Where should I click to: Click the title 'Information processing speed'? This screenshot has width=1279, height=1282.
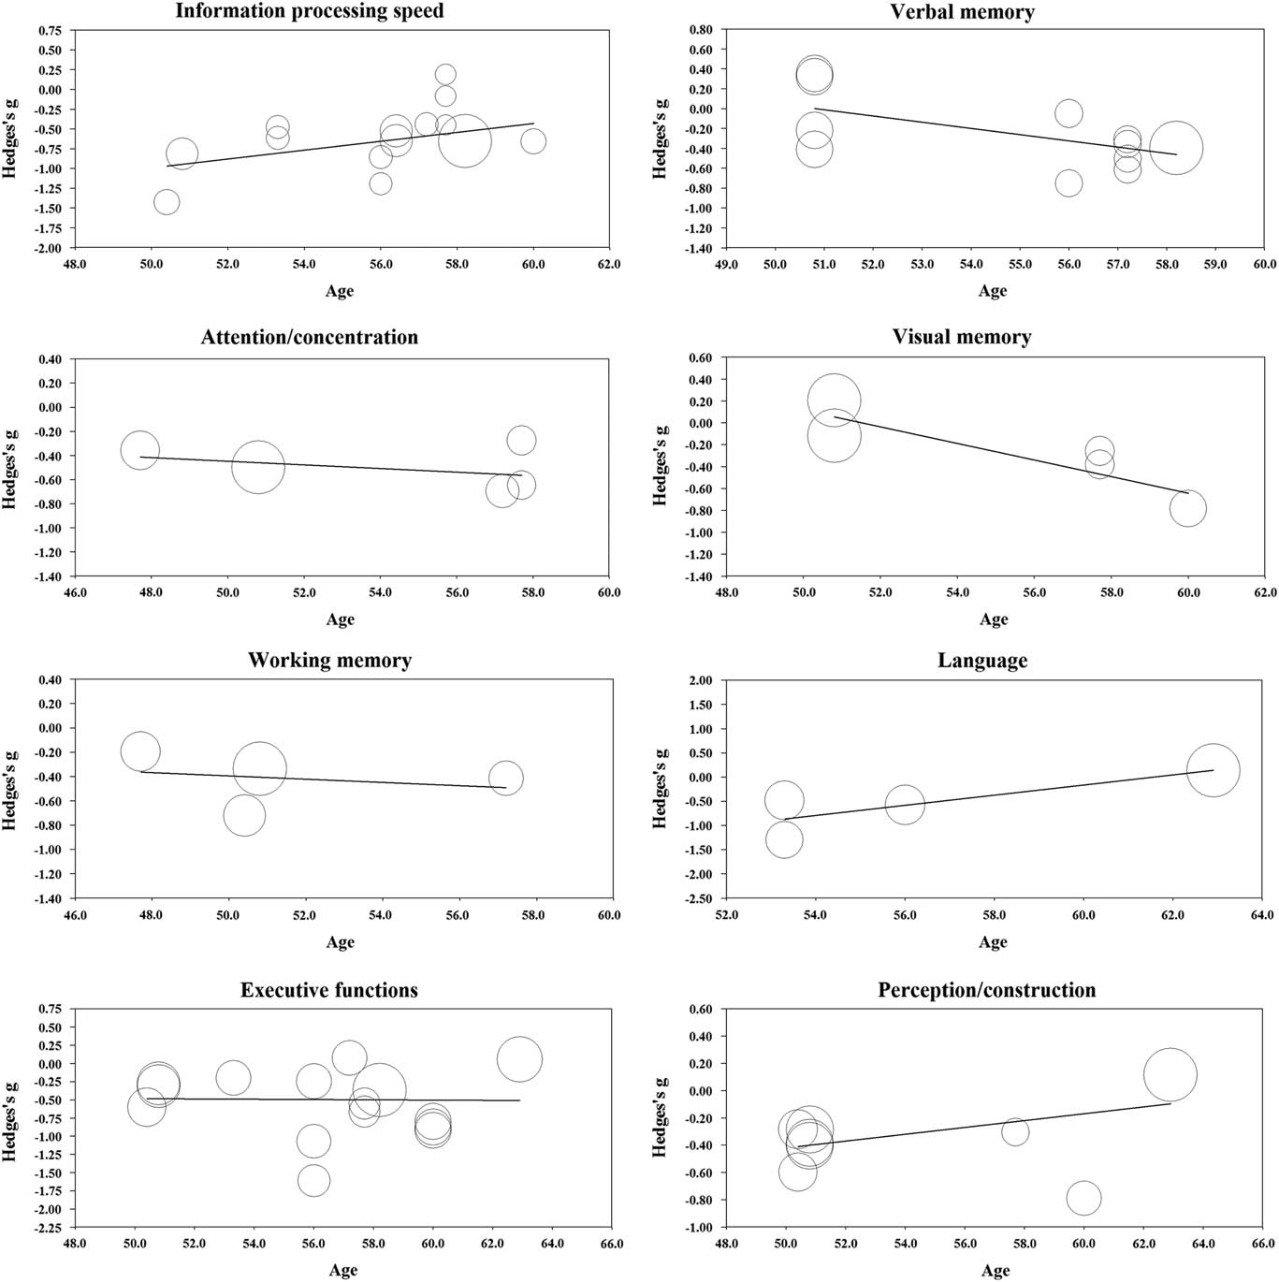pos(309,12)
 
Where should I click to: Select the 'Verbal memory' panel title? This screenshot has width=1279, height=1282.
pos(962,12)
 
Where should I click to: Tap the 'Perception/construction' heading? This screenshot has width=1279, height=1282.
pos(986,990)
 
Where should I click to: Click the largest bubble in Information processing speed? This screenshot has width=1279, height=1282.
pos(464,141)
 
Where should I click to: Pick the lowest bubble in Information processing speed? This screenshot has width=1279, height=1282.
pos(166,202)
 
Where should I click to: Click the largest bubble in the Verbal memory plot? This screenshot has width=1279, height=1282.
pos(1175,148)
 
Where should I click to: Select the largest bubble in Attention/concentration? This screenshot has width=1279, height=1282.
pos(258,466)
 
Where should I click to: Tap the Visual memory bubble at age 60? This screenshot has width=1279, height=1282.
pos(1187,509)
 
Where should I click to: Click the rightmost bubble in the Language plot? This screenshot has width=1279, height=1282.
pos(1213,770)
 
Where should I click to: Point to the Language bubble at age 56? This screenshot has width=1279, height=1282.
pos(905,804)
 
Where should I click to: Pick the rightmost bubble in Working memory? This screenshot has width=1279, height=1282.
pos(505,778)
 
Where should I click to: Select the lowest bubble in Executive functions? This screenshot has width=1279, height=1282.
pos(313,1181)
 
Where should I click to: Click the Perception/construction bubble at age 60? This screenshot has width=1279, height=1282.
pos(1083,1198)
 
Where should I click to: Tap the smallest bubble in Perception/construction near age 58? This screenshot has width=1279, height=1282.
pos(1015,1131)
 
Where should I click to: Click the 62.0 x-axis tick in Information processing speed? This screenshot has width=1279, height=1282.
pos(609,265)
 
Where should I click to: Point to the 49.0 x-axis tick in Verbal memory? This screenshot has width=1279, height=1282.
pos(727,265)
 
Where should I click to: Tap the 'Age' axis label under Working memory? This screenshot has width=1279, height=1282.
pos(341,942)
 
